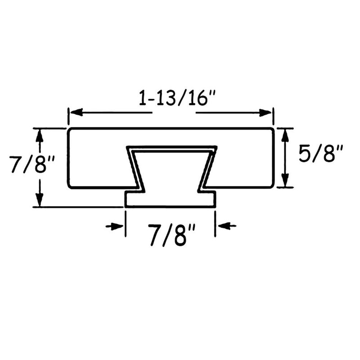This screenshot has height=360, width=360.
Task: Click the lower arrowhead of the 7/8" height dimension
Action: point(40,201)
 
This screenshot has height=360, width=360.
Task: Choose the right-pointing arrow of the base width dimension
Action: point(117,226)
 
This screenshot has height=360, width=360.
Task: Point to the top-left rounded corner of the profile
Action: point(69,131)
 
